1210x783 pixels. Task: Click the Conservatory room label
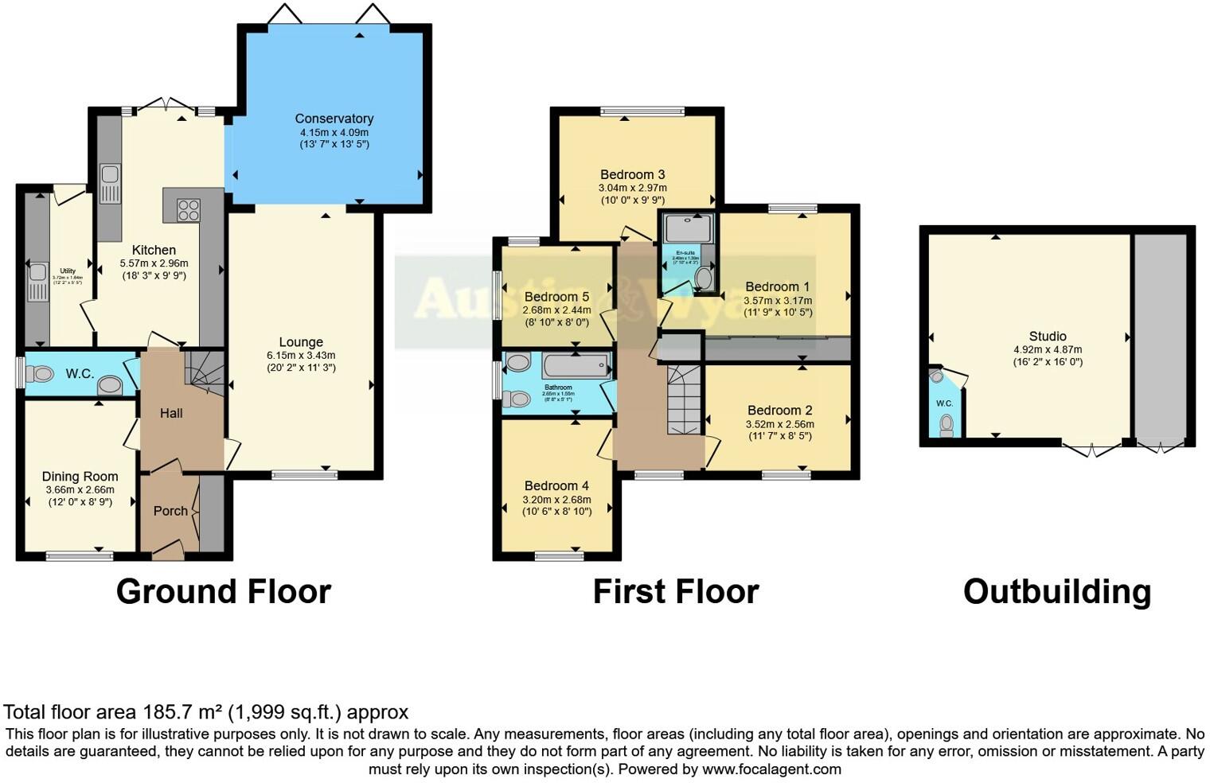click(334, 119)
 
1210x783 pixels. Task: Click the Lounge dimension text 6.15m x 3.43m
click(301, 356)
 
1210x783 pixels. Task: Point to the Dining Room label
click(80, 477)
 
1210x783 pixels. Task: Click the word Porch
click(170, 511)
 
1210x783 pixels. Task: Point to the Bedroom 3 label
click(632, 174)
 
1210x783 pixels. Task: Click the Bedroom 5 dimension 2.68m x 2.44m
click(556, 310)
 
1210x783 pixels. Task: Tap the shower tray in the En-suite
click(687, 228)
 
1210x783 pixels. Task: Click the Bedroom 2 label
click(779, 411)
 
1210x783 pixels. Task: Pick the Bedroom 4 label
click(556, 485)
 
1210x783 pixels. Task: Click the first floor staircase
click(682, 398)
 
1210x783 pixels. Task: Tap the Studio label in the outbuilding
click(1047, 336)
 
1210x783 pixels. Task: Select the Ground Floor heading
click(223, 592)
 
